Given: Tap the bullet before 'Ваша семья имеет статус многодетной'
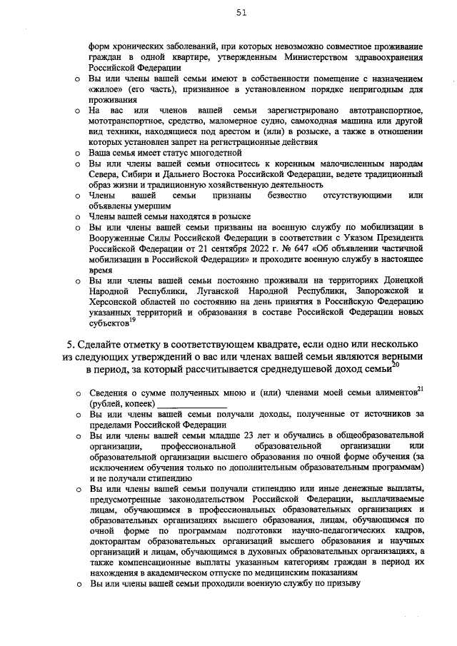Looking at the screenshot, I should coord(78,153).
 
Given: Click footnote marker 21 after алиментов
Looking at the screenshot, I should coord(421,389).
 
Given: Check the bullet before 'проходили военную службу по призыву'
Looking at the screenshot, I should coord(78,582).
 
